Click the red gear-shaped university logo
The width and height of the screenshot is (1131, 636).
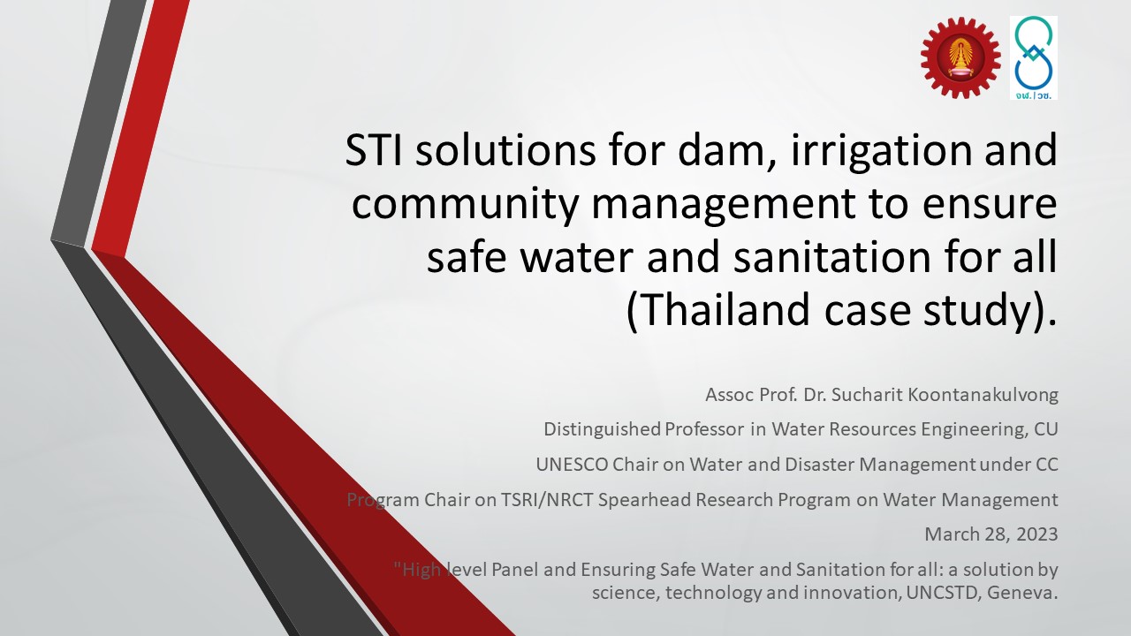(960, 57)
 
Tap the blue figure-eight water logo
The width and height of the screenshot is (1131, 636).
(1034, 57)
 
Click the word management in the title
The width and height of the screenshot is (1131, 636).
(724, 203)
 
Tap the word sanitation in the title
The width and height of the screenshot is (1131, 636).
(832, 257)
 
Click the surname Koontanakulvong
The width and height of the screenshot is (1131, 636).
(983, 395)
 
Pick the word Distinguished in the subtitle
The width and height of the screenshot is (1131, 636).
(602, 429)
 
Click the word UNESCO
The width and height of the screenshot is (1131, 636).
(572, 465)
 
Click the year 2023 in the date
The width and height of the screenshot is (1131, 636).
(1037, 534)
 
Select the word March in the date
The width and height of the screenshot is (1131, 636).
(952, 534)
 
